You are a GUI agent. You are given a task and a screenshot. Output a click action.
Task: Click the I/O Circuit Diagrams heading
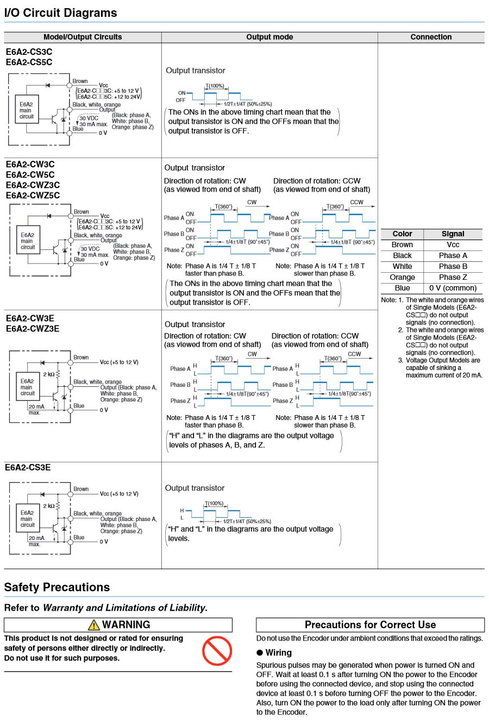tap(60, 12)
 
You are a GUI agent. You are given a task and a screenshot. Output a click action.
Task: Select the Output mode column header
tap(269, 37)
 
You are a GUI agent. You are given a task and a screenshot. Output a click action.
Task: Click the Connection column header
tap(431, 37)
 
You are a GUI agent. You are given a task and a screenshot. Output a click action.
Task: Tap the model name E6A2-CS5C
tap(29, 62)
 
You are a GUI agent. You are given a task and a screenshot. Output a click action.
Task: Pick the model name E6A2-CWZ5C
tap(33, 196)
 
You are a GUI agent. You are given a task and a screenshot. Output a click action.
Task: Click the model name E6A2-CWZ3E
tap(33, 329)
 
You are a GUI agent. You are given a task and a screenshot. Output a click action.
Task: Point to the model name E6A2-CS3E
tap(28, 468)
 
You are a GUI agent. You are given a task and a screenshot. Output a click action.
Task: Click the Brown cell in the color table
tap(402, 244)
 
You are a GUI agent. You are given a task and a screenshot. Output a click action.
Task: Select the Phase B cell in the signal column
tap(453, 266)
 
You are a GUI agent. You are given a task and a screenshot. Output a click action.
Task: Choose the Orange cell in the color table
tap(402, 277)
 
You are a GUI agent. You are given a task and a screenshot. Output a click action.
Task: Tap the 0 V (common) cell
tap(453, 288)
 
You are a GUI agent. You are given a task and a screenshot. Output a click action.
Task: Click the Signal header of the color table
tap(453, 234)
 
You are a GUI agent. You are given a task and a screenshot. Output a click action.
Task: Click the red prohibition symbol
tap(217, 651)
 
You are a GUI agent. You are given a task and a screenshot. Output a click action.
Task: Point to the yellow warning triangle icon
tap(93, 625)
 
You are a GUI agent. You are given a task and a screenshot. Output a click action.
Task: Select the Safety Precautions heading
tap(57, 587)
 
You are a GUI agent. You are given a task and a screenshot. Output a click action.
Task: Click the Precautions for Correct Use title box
tap(370, 625)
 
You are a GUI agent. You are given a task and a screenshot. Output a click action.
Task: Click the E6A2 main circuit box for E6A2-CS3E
tap(27, 519)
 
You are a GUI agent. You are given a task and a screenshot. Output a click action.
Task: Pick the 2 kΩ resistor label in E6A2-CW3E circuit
tap(48, 374)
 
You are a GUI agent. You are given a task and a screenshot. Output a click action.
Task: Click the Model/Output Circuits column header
tap(83, 37)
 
